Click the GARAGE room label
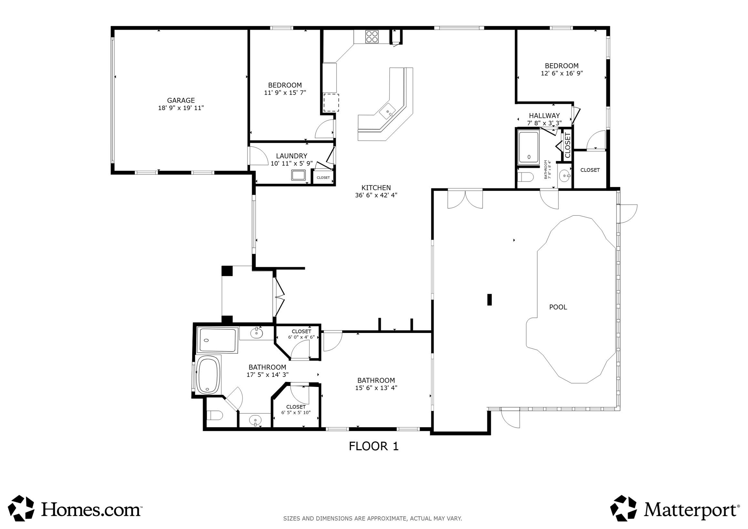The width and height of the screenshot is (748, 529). click(x=181, y=100)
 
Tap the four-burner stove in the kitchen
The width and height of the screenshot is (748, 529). click(x=372, y=36)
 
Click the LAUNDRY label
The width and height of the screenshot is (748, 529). click(x=292, y=156)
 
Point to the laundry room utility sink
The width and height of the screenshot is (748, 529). click(x=298, y=175)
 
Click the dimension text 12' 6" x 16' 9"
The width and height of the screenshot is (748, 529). click(x=562, y=73)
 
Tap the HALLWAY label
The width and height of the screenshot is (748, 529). click(x=544, y=115)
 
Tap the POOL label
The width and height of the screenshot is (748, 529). click(x=558, y=307)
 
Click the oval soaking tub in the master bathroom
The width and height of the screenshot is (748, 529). click(x=209, y=375)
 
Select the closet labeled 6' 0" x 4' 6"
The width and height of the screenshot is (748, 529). click(x=301, y=334)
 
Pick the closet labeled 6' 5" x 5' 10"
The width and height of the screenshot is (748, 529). click(x=296, y=410)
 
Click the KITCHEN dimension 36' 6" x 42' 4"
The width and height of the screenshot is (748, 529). click(x=376, y=195)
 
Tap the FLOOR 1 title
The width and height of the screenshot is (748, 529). click(x=374, y=446)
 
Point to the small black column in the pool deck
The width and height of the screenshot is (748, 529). click(x=489, y=299)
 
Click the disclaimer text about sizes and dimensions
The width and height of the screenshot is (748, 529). click(x=372, y=518)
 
